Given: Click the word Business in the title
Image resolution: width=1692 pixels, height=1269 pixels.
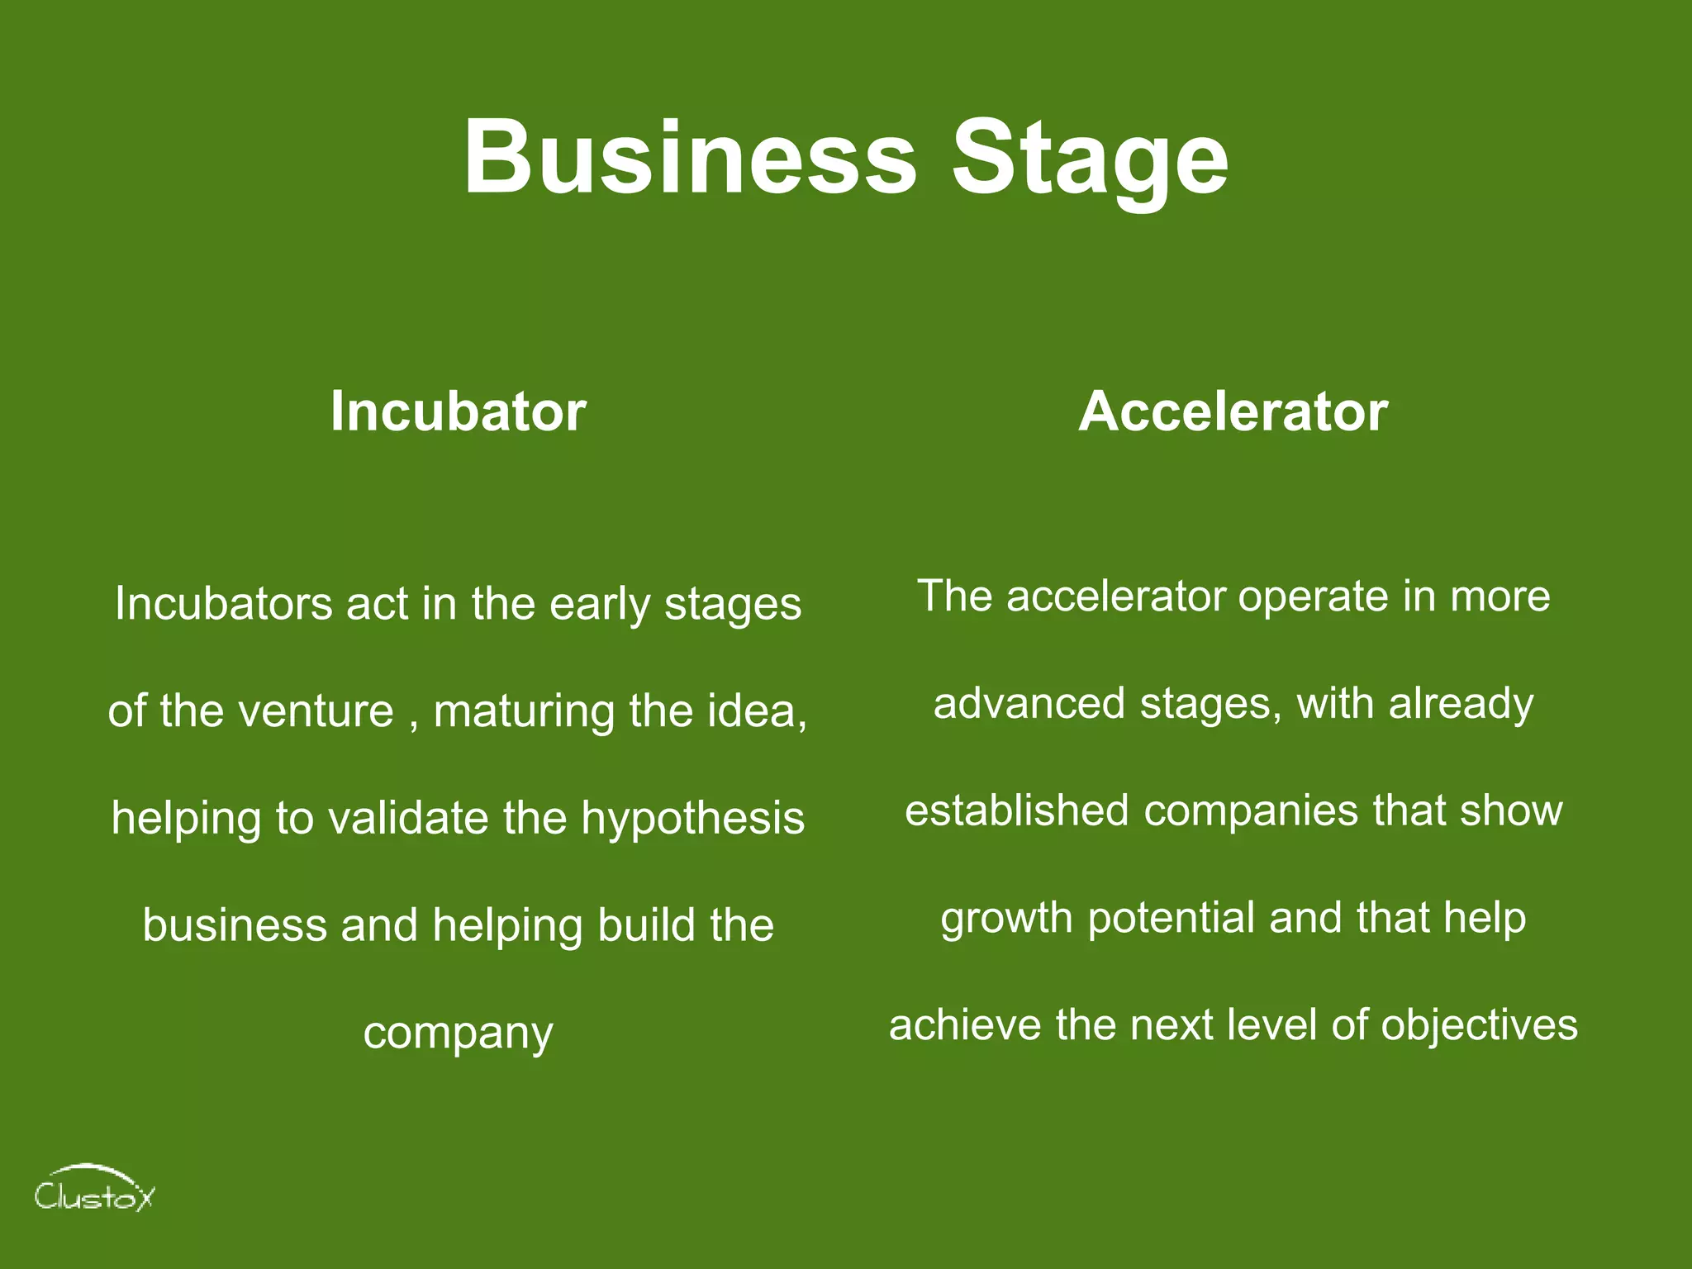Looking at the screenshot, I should coord(690,157).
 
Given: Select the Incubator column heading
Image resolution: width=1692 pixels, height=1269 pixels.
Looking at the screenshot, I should coord(458,411).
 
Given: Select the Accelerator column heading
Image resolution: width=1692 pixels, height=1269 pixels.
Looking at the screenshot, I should coord(1233,411).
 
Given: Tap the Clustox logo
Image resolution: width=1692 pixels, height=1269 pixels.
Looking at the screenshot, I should coord(93,1190).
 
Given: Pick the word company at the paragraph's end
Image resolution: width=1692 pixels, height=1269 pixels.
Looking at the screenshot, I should coord(458,1033).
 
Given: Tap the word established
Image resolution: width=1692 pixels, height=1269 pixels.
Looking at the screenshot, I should coord(1016,810).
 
